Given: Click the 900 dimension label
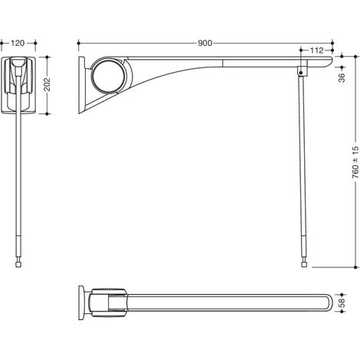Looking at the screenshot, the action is coord(205,43).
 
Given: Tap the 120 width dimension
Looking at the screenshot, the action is coord(18,43).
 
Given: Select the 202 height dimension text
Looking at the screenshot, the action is coord(47,83).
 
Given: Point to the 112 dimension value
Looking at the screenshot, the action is coord(316,51).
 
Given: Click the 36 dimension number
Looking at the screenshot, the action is coord(342,77).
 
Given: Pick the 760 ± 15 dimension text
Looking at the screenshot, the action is coord(355,162).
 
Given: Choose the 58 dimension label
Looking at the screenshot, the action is coord(342,303).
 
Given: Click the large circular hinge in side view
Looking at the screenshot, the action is coord(109,76).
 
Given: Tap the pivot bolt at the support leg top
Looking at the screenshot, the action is coord(301,73).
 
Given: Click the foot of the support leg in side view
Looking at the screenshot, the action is coord(303,264).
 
